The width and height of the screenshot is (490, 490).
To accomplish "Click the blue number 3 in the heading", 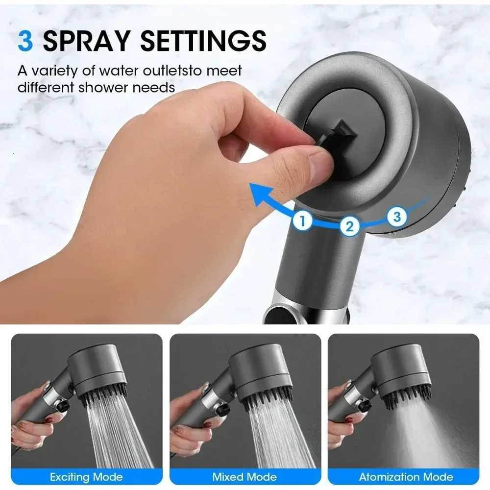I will [x=25, y=41].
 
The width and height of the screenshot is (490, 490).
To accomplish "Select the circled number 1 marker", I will [x=303, y=220].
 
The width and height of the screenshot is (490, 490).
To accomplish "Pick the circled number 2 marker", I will [x=349, y=226].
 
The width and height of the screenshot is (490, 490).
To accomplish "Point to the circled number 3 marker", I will [x=397, y=216].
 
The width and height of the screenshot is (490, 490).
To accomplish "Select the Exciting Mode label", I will [x=86, y=476].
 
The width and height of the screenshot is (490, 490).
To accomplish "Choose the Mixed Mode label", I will [x=245, y=476].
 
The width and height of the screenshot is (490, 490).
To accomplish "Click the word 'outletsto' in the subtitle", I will [x=162, y=71].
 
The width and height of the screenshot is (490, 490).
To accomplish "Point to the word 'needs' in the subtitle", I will [x=156, y=88].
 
